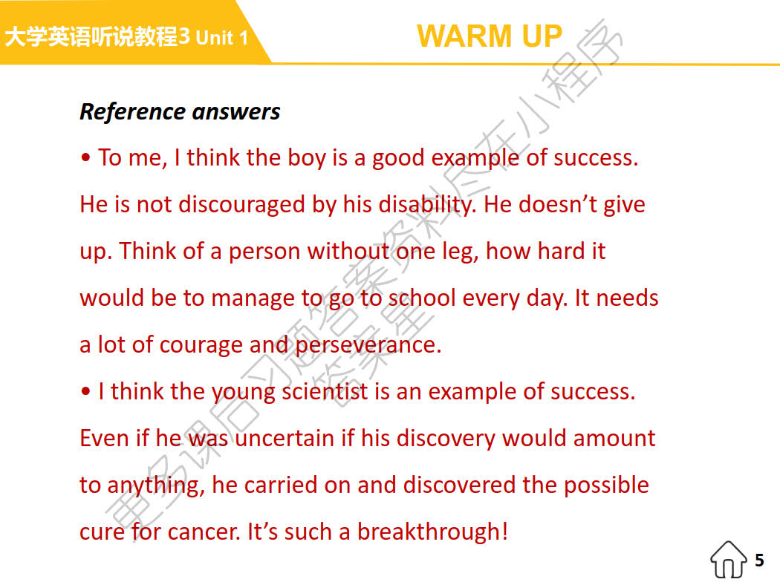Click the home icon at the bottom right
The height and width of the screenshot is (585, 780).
pyautogui.click(x=729, y=560)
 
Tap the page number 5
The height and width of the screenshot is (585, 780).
pyautogui.click(x=759, y=560)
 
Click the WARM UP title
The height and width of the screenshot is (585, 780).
pyautogui.click(x=490, y=36)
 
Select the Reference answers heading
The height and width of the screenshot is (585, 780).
pyautogui.click(x=180, y=111)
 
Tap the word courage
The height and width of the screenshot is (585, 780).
pyautogui.click(x=201, y=344)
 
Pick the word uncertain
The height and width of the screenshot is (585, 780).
pyautogui.click(x=285, y=438)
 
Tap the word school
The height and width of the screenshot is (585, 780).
pyautogui.click(x=423, y=298)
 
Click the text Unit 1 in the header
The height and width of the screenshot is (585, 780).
pyautogui.click(x=222, y=38)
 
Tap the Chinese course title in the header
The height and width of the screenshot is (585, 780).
pyautogui.click(x=91, y=36)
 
